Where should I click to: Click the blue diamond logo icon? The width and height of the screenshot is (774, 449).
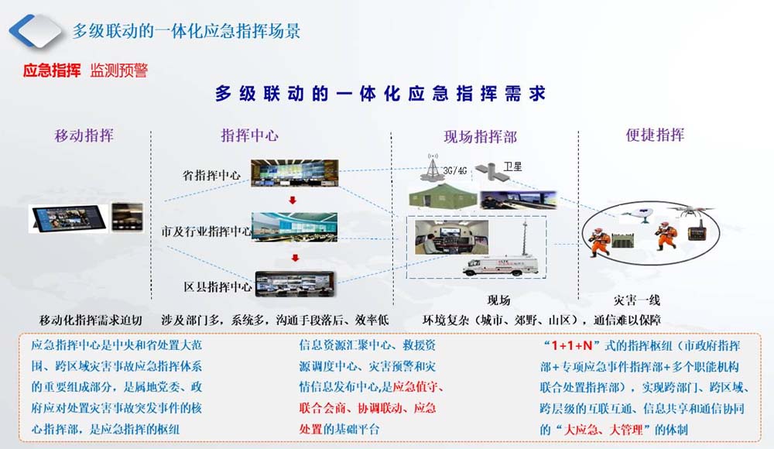36,31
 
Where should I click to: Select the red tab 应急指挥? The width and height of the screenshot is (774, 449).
52,70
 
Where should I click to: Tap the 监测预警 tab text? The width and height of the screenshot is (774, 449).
119,70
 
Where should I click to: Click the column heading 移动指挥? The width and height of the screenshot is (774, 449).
84,135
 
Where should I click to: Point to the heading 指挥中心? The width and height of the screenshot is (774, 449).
250,135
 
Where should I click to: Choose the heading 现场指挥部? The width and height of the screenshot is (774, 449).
481,137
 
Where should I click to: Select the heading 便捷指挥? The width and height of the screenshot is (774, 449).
655,135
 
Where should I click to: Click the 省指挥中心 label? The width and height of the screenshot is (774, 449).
211,175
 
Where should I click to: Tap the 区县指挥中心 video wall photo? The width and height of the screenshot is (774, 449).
295,284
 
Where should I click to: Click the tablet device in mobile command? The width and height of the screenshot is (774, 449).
69,218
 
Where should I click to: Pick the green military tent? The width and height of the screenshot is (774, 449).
442,196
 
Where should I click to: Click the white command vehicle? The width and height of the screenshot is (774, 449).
499,265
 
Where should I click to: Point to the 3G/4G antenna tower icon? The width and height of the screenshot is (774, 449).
433,167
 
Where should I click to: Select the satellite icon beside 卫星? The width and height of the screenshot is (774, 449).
486,170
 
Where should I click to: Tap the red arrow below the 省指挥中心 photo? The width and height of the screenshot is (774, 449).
293,200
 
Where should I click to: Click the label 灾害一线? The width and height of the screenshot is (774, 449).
636,300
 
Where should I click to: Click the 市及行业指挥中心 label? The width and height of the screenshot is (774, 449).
206,231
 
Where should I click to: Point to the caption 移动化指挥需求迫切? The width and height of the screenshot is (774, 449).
91,320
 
